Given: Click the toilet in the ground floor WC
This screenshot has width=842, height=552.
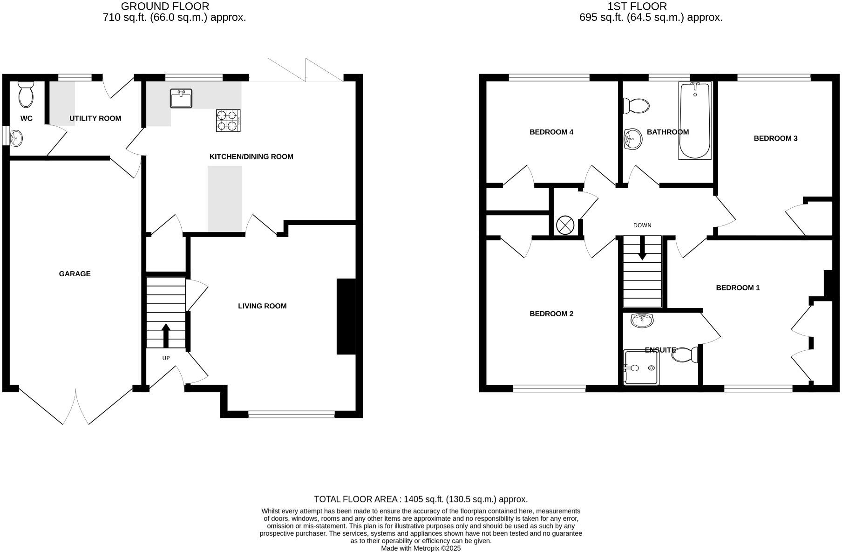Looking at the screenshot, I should point(26,95).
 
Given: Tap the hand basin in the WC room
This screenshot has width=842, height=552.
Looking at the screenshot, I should point(16,137).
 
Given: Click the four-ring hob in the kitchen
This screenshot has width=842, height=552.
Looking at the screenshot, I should point(228,120).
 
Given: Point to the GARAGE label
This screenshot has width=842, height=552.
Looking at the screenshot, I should point(75,274).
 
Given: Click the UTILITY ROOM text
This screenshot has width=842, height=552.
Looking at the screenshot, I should point(95,118).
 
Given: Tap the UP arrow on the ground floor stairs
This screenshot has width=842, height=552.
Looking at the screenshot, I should point(166,335).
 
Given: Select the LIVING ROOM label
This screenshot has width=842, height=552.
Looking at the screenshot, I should point(262,306).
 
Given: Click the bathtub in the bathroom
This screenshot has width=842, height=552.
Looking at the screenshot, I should point(695,121).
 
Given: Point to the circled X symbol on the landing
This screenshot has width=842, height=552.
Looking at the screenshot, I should point(565,225).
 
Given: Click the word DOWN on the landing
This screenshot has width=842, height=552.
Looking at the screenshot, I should point(642,225).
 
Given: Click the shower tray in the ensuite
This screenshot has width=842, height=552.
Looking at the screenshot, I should point(641,368).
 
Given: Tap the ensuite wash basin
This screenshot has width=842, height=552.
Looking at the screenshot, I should point(642,320).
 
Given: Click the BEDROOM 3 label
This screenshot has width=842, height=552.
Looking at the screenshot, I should point(775,138).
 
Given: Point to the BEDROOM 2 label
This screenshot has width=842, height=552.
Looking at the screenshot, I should point(551,314).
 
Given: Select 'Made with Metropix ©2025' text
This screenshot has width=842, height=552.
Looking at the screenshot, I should point(421,548).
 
